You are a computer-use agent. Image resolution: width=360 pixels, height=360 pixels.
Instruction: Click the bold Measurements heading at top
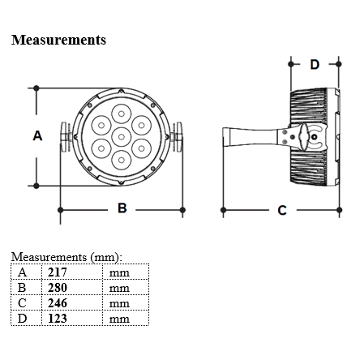pos(58,40)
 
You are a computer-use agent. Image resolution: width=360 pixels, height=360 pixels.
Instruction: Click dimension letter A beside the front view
pos(37,135)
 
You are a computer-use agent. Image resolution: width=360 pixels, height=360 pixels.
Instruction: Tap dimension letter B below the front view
pos(122,208)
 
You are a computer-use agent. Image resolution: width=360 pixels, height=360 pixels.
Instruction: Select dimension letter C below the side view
pos(282,210)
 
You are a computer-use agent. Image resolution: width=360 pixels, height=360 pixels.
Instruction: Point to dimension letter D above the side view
pos(315,64)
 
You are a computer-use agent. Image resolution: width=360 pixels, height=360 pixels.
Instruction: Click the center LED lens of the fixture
pos(122,137)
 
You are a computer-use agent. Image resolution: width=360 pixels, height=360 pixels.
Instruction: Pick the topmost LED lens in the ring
pos(122,114)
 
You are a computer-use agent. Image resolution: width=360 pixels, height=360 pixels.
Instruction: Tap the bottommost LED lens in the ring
pos(122,161)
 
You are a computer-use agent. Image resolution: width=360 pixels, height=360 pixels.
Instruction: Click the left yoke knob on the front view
pos(66,137)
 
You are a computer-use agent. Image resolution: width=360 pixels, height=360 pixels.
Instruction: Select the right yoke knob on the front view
pos(177,137)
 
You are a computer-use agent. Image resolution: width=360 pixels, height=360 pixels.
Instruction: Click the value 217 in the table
pos(58,272)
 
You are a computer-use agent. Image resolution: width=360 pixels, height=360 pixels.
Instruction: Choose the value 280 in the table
pos(58,288)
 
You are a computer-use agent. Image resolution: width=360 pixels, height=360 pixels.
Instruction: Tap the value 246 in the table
pos(58,303)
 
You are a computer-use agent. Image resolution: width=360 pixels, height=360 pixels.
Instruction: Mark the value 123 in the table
pos(58,319)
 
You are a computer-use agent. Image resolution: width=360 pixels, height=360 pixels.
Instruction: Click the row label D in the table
pos(22,319)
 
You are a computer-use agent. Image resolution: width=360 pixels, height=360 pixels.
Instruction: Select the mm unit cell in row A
pos(119,273)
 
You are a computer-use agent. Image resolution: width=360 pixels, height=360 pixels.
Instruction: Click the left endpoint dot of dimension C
pos(223,210)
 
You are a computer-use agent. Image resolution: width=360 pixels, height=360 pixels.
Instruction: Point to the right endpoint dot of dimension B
pos(182,210)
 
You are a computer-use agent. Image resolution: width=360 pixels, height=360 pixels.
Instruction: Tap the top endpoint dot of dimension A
pos(36,88)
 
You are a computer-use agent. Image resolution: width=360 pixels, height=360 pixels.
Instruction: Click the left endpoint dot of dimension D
pos(291,64)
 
